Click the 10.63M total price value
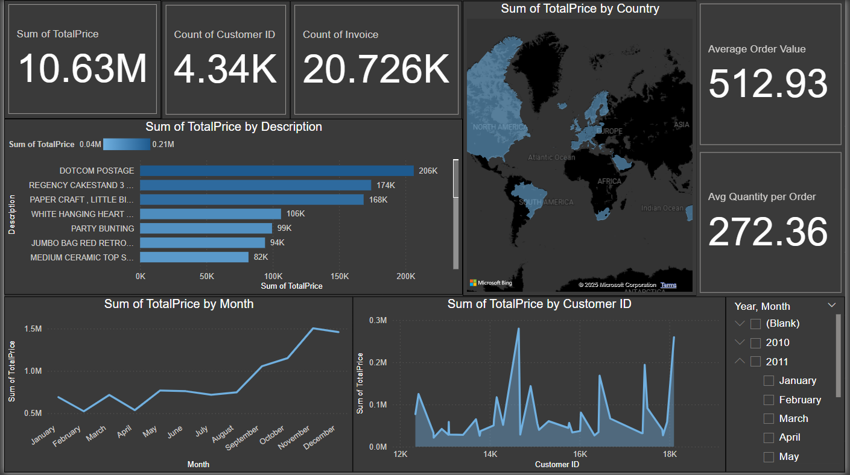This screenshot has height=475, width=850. (x=83, y=69)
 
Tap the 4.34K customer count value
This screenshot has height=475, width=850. (x=225, y=69)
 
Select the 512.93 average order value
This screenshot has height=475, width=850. (x=768, y=84)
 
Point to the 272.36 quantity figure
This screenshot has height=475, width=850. (x=768, y=232)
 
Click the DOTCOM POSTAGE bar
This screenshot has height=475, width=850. (x=277, y=171)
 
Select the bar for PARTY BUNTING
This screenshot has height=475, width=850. (x=206, y=228)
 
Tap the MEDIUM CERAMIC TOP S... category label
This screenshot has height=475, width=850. (x=82, y=257)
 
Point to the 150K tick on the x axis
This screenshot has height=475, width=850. (x=340, y=276)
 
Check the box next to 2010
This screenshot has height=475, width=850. (x=755, y=343)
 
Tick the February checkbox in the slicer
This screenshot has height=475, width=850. (x=769, y=400)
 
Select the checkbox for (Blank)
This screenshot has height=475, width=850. (x=755, y=324)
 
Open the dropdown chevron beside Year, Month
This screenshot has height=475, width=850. (x=832, y=305)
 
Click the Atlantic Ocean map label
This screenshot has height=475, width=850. (x=551, y=157)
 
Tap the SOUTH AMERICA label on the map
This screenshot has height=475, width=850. (x=545, y=202)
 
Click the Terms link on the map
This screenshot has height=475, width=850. (x=668, y=285)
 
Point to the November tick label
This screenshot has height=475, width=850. (x=294, y=438)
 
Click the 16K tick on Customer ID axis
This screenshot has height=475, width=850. (x=580, y=454)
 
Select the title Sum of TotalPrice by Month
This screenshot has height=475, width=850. (x=179, y=304)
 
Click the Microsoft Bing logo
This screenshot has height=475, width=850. (x=490, y=283)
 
